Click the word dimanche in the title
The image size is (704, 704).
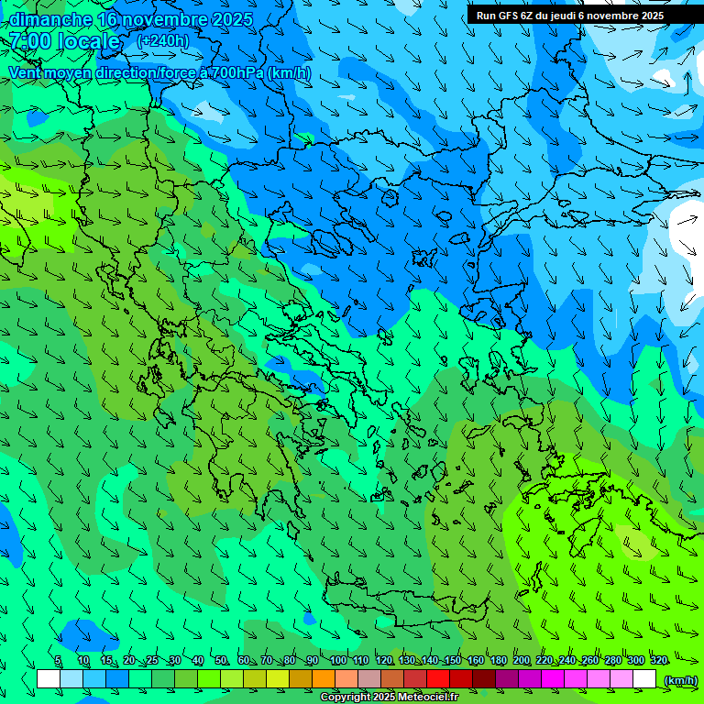(49, 19)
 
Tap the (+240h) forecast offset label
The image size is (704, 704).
(163, 41)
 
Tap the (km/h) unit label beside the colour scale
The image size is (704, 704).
(680, 679)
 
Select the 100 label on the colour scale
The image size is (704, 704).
(337, 661)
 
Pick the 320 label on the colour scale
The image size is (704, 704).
(658, 661)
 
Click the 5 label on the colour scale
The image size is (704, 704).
(58, 661)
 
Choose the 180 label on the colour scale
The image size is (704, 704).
(498, 661)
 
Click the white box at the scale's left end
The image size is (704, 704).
(49, 678)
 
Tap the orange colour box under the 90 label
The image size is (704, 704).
(323, 678)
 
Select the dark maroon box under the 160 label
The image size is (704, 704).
(483, 678)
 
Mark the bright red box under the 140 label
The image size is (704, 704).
(437, 678)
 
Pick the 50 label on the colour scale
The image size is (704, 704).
(221, 661)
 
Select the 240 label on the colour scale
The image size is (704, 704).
(566, 661)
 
